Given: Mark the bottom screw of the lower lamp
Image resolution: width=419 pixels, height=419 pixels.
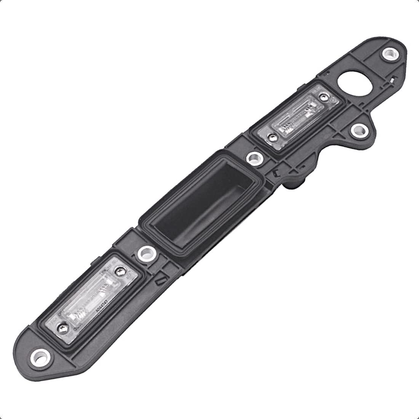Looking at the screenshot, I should pos(62,326).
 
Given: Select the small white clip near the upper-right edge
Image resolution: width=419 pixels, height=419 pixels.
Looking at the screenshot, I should pos(392,81).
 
